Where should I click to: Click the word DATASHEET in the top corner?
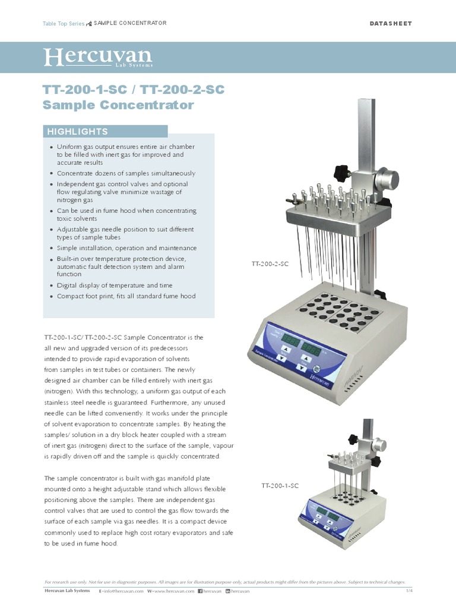(x=391, y=23)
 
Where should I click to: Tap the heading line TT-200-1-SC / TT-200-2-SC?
(x=134, y=89)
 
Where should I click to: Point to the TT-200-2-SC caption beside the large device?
(x=270, y=262)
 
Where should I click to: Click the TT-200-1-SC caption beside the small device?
(x=280, y=486)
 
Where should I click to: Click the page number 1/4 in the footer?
(x=409, y=591)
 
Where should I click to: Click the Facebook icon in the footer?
(x=200, y=591)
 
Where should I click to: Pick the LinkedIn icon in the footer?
(x=227, y=591)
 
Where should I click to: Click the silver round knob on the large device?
(x=388, y=179)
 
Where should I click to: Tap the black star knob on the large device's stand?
(x=343, y=173)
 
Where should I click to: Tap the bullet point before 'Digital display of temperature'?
(x=52, y=285)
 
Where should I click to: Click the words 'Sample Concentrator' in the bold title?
(x=118, y=106)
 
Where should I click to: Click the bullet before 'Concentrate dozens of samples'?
(x=52, y=174)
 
